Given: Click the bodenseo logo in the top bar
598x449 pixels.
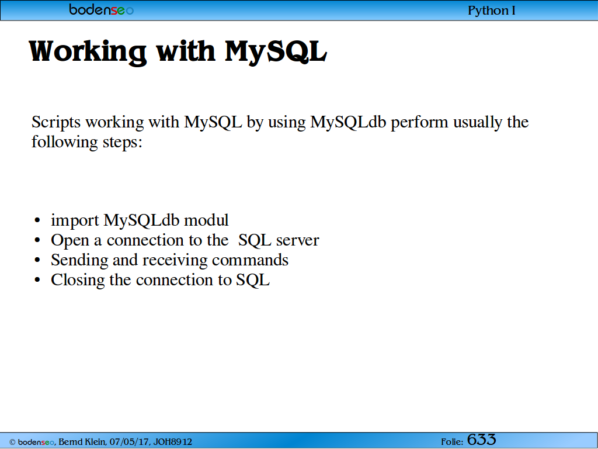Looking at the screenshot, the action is click(x=102, y=9).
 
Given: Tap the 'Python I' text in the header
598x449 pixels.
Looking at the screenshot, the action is click(x=492, y=11).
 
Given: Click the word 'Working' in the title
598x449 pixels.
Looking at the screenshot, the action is click(x=88, y=52).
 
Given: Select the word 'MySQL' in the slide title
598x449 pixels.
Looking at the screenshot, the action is click(x=276, y=51).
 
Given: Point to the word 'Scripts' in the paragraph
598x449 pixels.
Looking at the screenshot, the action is click(x=56, y=123).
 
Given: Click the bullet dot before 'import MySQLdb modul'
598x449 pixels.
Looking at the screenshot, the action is click(x=37, y=220).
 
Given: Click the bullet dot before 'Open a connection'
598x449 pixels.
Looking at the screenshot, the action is click(x=37, y=240).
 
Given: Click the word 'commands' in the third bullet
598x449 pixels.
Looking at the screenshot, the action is click(x=250, y=260).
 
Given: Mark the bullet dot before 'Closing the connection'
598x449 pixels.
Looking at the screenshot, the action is click(x=37, y=280).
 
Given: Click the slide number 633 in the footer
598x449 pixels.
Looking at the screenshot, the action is click(x=481, y=440).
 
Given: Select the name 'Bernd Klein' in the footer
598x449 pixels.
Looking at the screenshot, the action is click(x=82, y=442).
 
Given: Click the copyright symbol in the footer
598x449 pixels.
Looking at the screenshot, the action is click(x=12, y=443).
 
